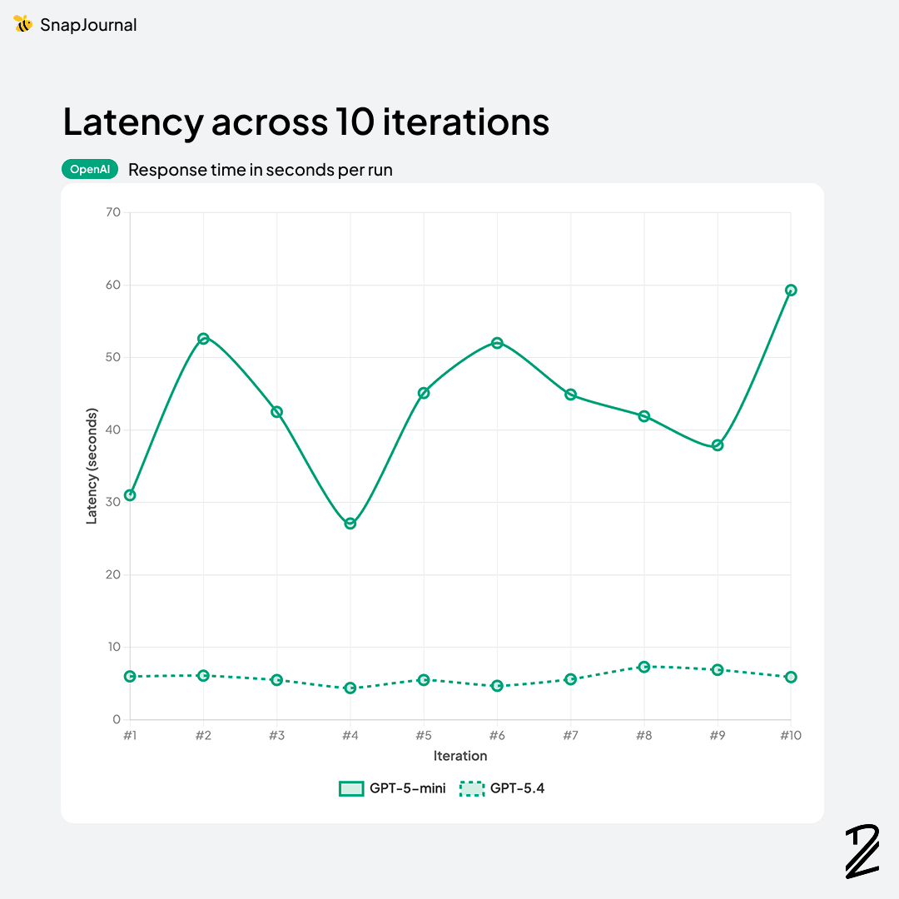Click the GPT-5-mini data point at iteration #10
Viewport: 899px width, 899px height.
(x=791, y=291)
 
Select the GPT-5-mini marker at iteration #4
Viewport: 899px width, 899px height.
(x=350, y=524)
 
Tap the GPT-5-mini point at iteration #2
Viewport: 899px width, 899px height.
(x=203, y=339)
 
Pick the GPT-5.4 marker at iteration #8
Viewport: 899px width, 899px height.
(x=643, y=667)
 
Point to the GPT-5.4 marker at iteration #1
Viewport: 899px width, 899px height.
(x=130, y=677)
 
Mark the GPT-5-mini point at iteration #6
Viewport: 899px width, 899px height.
(x=497, y=343)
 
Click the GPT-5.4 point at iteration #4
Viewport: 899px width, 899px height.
(x=350, y=688)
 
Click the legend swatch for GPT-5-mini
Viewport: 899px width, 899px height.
(x=351, y=788)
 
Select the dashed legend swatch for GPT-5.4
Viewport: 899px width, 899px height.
(x=472, y=788)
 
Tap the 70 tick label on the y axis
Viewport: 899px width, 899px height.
(x=113, y=213)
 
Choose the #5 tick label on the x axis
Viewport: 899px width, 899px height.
(x=423, y=736)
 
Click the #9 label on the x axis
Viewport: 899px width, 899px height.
(x=717, y=736)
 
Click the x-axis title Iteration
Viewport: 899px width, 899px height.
(x=460, y=756)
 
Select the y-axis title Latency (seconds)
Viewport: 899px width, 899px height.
(x=92, y=466)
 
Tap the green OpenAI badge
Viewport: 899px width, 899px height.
(x=90, y=170)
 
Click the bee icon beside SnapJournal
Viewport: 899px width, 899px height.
(x=22, y=24)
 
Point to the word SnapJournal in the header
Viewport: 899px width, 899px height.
(x=88, y=25)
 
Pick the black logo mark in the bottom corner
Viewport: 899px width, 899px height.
(x=862, y=851)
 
